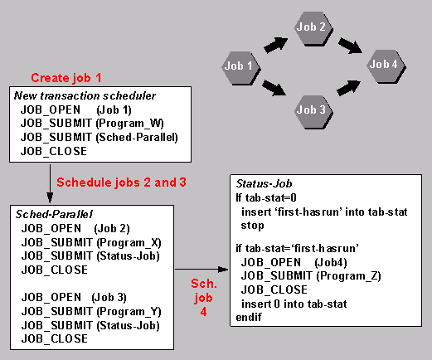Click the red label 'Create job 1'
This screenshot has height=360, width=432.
click(x=66, y=78)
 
